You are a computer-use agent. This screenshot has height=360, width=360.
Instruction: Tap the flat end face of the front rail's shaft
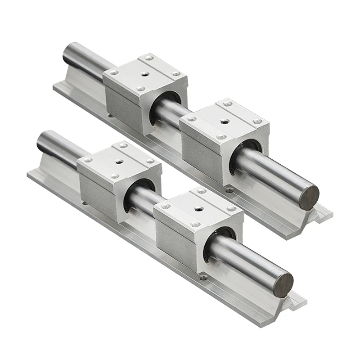click(x=283, y=285)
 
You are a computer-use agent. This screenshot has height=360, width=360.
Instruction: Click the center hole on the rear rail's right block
click(x=223, y=121)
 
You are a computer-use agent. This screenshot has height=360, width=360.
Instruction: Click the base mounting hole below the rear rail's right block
click(x=230, y=190)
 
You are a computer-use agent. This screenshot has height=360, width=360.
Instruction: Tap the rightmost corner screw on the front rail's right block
click(x=231, y=209)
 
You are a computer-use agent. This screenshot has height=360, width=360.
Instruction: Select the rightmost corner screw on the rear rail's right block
click(x=257, y=121)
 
